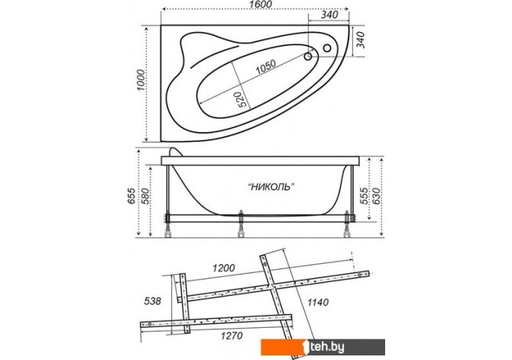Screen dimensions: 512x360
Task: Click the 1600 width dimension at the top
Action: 261,4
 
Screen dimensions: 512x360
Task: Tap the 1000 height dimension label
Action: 141,80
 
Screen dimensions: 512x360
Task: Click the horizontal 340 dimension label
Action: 329,15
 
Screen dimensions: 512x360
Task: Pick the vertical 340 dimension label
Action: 360,40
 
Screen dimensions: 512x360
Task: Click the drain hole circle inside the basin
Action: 308,57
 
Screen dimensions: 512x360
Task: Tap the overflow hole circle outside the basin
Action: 327,48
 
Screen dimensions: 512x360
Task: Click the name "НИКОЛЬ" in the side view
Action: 271,186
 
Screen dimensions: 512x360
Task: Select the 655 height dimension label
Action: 131,196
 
